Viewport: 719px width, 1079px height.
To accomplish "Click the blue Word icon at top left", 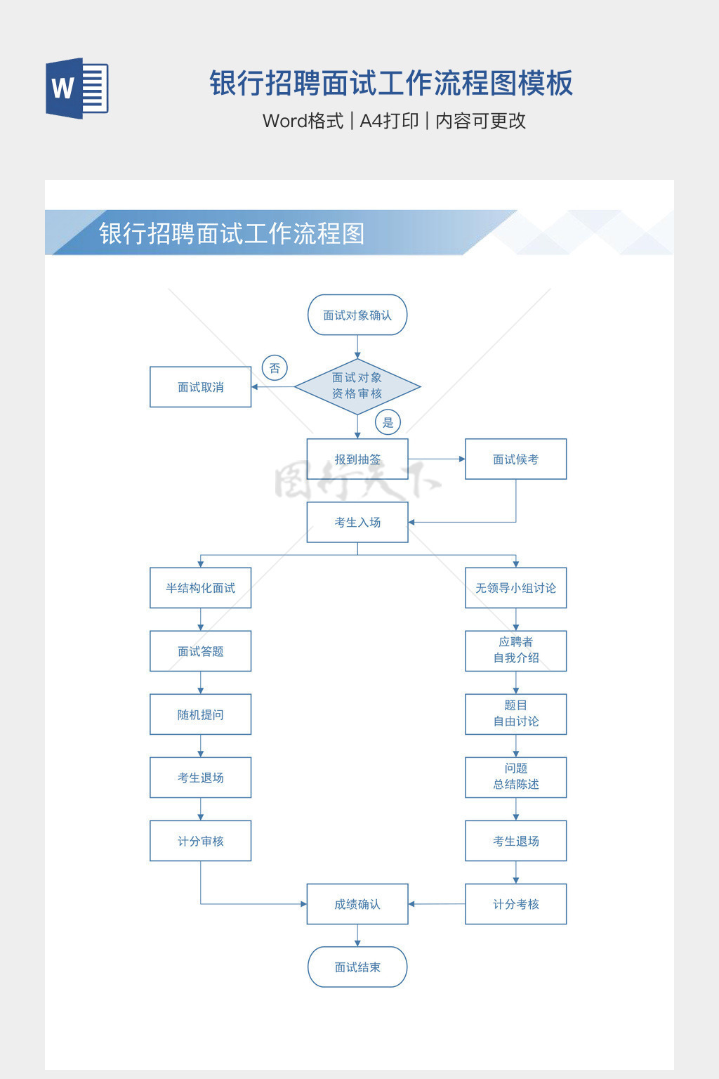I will tap(77, 88).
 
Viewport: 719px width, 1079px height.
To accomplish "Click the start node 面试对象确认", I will tap(357, 315).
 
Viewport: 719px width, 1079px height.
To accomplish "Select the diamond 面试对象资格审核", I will tap(357, 386).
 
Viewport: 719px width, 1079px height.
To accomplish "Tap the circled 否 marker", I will tap(275, 368).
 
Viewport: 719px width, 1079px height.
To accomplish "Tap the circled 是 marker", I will tap(388, 422).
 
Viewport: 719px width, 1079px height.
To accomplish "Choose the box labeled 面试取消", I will tap(201, 387).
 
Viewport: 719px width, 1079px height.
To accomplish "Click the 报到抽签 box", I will tap(357, 459).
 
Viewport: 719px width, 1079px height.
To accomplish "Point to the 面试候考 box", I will tap(515, 459).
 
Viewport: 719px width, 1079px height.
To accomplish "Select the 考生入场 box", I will tap(357, 522).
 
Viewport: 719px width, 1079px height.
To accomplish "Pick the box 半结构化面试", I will tap(201, 588).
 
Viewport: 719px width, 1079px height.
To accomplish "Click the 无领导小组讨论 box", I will tap(515, 588).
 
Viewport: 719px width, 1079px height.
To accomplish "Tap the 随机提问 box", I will tap(201, 714).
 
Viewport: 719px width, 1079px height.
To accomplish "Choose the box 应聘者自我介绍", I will tap(515, 650).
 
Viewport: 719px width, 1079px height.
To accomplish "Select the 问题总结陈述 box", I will tap(515, 777).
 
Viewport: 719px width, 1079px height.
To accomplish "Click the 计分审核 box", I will tap(201, 841).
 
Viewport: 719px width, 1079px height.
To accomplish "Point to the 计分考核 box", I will tap(515, 904).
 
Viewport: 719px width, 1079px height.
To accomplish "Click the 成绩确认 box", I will tap(357, 904).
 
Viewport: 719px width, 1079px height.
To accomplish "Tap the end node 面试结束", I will tap(357, 967).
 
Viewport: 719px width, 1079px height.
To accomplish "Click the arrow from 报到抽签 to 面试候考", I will tap(436, 459).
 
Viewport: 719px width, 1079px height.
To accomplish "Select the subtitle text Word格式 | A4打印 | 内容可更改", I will tap(394, 121).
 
